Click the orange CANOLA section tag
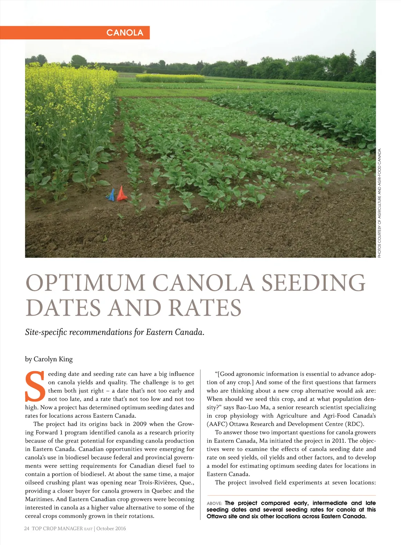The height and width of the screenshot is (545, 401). coord(125,33)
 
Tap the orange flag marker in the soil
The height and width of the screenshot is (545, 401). coord(121,194)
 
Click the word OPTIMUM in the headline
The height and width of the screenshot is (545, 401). coord(85,283)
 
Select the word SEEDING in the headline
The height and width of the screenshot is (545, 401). coord(313,283)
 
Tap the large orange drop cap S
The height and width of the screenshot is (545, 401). coord(35,387)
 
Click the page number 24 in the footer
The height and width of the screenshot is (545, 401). coord(27,529)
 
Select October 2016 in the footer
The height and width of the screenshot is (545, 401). coord(111,529)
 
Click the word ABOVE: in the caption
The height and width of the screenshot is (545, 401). coord(215,503)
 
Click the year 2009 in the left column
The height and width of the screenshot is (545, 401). coord(140,424)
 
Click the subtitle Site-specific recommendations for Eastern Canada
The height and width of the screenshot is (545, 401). coord(115,332)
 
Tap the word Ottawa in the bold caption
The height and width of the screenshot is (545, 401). coord(217,516)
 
